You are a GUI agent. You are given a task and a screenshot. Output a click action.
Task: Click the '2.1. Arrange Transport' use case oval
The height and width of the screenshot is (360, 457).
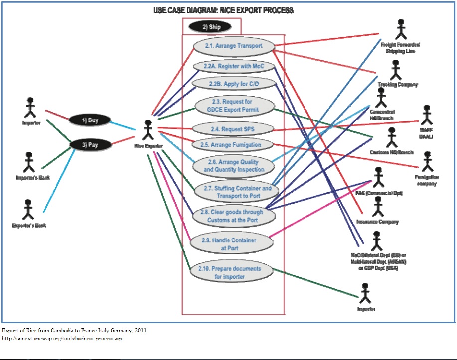pyautogui.click(x=234, y=46)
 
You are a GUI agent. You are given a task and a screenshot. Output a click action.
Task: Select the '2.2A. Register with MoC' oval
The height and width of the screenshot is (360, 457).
pyautogui.click(x=234, y=66)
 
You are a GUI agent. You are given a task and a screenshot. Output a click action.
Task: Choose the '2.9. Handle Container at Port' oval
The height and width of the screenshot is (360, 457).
pyautogui.click(x=232, y=243)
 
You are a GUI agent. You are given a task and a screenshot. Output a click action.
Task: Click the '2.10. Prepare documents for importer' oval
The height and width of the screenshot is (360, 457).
pyautogui.click(x=232, y=272)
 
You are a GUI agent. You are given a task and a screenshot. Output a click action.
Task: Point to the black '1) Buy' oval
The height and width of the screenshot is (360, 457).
pyautogui.click(x=90, y=120)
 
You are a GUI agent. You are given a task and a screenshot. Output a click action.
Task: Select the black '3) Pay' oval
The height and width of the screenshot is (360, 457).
pyautogui.click(x=90, y=145)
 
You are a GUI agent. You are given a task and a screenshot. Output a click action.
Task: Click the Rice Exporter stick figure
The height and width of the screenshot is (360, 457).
pyautogui.click(x=148, y=130)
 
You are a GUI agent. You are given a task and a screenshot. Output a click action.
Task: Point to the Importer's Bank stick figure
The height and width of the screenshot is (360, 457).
pyautogui.click(x=29, y=162)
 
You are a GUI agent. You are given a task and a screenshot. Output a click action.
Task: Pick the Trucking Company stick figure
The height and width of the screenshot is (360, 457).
pyautogui.click(x=396, y=70)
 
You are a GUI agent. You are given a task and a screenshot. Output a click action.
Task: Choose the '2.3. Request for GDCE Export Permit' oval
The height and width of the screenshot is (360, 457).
pyautogui.click(x=233, y=106)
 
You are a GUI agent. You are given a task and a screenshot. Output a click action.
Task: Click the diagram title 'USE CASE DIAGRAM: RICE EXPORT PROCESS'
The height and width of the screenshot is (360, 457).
pyautogui.click(x=223, y=10)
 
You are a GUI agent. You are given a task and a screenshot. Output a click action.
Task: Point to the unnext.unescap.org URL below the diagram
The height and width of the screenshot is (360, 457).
pyautogui.click(x=62, y=339)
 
